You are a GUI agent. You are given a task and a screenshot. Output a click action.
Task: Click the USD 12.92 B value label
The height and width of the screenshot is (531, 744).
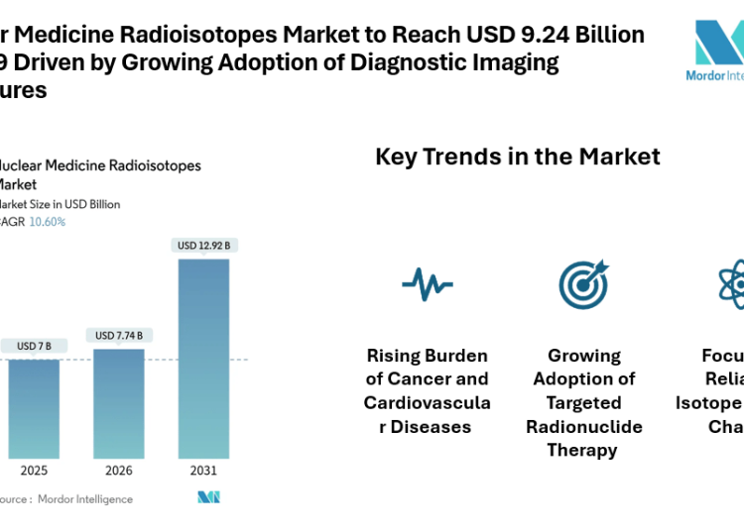coord(203,245)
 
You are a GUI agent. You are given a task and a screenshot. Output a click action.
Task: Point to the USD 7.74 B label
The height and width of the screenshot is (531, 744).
coord(118,336)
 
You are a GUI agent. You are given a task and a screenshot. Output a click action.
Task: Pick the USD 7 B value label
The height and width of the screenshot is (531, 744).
coord(34,346)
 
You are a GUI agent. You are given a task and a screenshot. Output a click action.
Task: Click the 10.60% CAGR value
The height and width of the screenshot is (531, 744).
coord(49,222)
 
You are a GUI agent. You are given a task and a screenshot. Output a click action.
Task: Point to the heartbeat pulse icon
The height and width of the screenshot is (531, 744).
coord(428,284)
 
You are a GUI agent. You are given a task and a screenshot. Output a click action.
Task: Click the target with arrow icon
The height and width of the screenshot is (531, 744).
coord(583,284)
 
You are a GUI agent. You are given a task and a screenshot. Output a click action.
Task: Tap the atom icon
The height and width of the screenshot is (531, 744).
coord(732,284)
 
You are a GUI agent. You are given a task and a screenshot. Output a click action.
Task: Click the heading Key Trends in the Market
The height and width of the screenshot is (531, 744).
coord(517,157)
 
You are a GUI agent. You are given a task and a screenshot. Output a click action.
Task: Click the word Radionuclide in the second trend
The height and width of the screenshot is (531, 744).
coord(584,426)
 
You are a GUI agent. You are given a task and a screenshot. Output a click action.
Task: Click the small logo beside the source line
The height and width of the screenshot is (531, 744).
coord(208,497)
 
